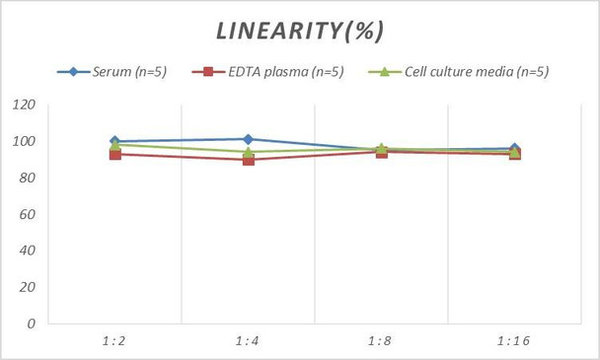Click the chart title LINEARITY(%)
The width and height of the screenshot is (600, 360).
[x=300, y=31]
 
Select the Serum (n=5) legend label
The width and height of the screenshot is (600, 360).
[x=129, y=72]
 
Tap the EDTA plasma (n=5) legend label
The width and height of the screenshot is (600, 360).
[x=286, y=72]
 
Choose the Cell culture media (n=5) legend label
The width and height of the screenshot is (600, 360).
[x=477, y=72]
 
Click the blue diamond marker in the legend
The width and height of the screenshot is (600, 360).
[x=73, y=72]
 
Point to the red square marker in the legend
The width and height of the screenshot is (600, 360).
[x=208, y=72]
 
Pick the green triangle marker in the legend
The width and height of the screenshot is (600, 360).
[x=385, y=71]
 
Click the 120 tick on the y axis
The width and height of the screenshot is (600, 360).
[x=24, y=105]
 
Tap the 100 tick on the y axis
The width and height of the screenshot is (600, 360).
[x=24, y=141]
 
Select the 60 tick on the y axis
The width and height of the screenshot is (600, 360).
[x=28, y=214]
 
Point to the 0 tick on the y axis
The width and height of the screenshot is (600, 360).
[x=32, y=324]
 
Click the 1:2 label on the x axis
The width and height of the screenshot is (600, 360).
[x=114, y=340]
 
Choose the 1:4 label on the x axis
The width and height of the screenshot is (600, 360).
[x=247, y=340]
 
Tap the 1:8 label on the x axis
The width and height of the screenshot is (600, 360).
[x=380, y=340]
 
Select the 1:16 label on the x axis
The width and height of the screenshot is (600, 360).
[x=513, y=340]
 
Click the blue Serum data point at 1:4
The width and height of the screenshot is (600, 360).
[x=248, y=139]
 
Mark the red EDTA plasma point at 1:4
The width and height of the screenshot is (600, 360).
[x=249, y=160]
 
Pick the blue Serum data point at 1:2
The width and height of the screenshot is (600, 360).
[x=114, y=141]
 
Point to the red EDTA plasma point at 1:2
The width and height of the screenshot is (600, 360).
[x=115, y=154]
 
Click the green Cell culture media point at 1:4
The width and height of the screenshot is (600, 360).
[x=248, y=152]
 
